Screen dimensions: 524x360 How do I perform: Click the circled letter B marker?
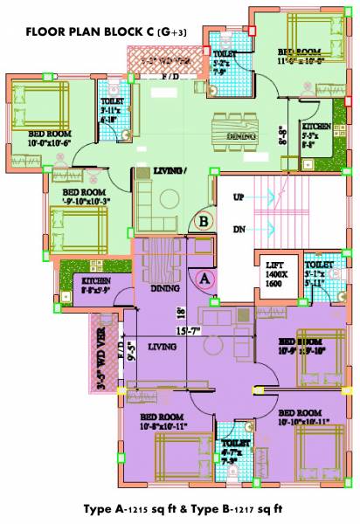pyautogui.click(x=204, y=222)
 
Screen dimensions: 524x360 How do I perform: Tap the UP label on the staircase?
pyautogui.click(x=239, y=198)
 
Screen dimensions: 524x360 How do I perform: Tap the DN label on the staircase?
pyautogui.click(x=239, y=229)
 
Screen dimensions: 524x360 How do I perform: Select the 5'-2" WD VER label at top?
pyautogui.click(x=166, y=62)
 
